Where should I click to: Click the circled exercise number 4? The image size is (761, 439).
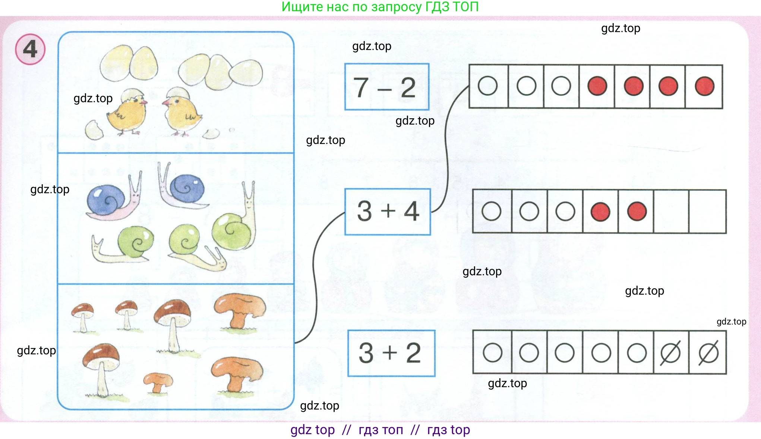point(30,49)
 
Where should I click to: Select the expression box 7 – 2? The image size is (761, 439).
point(386,87)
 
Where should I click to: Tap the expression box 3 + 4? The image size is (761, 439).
point(388,211)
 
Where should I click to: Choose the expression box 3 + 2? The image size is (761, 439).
point(391,353)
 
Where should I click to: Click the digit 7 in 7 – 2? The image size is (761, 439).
point(361,88)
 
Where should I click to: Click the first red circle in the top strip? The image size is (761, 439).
point(597,86)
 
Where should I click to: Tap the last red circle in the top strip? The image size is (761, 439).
point(704,86)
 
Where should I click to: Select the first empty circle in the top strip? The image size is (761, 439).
point(487,86)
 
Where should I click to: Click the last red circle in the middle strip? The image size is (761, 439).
point(637,211)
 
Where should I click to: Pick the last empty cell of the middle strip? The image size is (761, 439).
point(707,211)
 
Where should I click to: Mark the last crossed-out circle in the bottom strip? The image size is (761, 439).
point(708,352)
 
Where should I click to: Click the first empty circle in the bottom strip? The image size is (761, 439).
point(492,352)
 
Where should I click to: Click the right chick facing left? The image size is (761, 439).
point(181,114)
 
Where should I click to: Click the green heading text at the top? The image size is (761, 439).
point(380,7)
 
